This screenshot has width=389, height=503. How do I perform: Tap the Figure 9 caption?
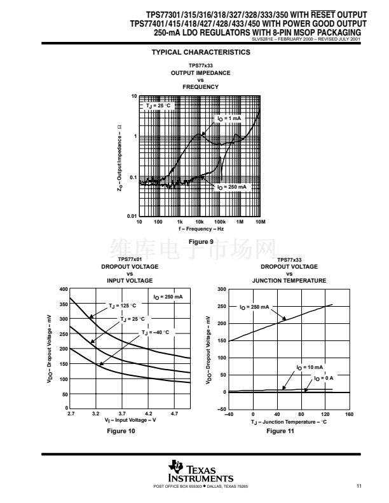pos(201,241)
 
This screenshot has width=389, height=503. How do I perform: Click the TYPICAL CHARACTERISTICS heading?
pos(200,53)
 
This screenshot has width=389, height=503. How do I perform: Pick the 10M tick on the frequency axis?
pos(259,222)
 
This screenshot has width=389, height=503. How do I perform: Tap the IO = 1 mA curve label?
pos(229,119)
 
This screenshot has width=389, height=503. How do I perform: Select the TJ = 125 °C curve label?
pos(121,305)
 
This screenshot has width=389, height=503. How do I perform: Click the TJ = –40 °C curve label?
pos(156,332)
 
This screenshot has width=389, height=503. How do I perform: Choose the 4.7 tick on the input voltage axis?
pos(175,413)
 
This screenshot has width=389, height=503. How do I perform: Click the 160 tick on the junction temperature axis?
pos(349,413)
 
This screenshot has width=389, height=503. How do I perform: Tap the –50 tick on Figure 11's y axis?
pos(221,409)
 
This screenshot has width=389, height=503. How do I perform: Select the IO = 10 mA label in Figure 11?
pos(310,367)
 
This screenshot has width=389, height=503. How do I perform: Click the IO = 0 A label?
pos(324,378)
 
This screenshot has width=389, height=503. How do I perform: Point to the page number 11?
pos(359,486)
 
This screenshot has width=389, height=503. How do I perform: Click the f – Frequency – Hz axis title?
pos(200,229)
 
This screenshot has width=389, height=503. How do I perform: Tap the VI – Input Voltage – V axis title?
pos(129,420)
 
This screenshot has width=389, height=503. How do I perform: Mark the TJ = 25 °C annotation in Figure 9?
pos(158,105)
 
